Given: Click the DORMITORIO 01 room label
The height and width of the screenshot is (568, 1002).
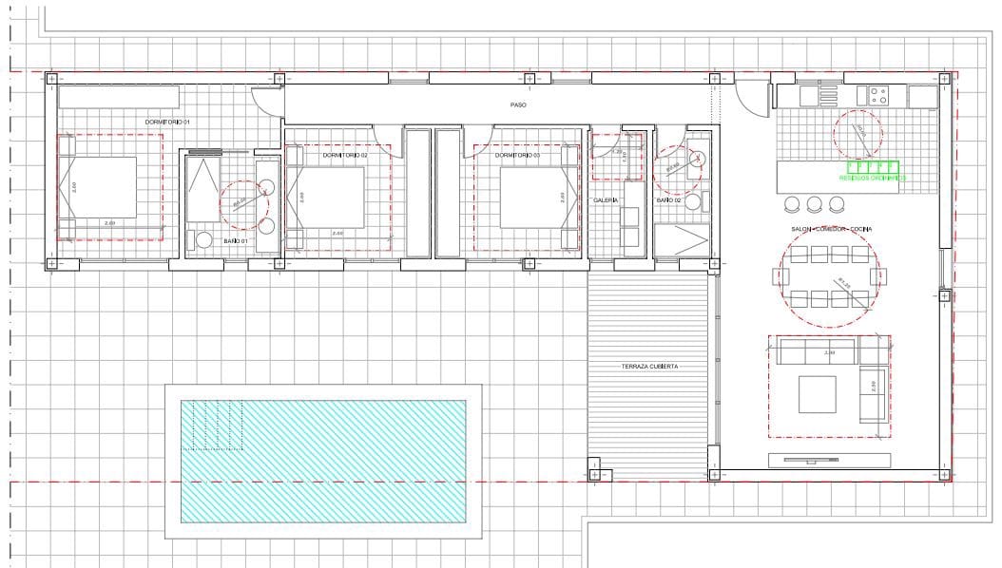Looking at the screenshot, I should pyautogui.click(x=167, y=123).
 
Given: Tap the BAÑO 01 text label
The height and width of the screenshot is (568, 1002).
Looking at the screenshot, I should pyautogui.click(x=236, y=242).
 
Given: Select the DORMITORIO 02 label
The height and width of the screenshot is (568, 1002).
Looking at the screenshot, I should pyautogui.click(x=344, y=155).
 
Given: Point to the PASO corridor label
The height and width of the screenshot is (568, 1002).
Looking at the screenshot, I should pyautogui.click(x=518, y=105).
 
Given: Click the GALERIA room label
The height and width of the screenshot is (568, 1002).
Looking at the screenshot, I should pyautogui.click(x=606, y=200).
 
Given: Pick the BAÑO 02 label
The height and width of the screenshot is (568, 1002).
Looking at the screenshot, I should pyautogui.click(x=668, y=200).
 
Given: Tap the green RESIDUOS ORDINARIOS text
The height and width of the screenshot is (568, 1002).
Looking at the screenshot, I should pyautogui.click(x=872, y=178).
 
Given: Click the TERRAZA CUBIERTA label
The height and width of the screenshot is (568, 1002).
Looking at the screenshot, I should pyautogui.click(x=650, y=366).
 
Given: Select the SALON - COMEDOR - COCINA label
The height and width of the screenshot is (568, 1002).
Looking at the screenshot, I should pyautogui.click(x=831, y=230).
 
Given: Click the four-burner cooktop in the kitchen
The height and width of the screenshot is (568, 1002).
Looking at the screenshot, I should pyautogui.click(x=877, y=96).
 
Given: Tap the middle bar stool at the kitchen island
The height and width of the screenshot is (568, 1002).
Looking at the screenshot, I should pyautogui.click(x=814, y=203).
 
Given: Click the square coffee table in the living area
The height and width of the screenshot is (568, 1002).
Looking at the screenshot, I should pyautogui.click(x=817, y=393).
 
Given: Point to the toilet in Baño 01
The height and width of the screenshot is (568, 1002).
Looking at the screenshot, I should pyautogui.click(x=202, y=239).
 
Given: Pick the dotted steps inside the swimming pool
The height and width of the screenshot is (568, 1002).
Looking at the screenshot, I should pyautogui.click(x=217, y=424).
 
